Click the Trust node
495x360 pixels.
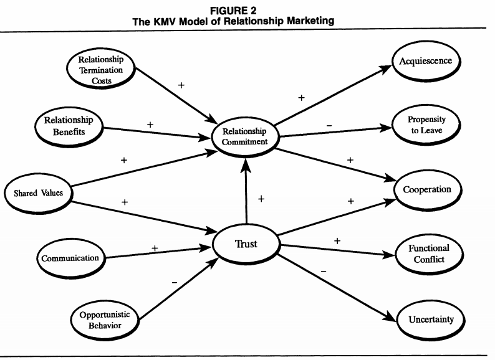click(x=247, y=244)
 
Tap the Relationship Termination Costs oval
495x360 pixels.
click(x=100, y=68)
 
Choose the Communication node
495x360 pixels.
click(x=70, y=257)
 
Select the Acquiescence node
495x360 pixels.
click(x=426, y=61)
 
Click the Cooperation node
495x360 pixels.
click(x=427, y=189)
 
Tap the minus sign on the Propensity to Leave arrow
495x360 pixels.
click(x=329, y=126)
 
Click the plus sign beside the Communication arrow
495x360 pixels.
click(x=155, y=247)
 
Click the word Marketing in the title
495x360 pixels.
click(x=309, y=21)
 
